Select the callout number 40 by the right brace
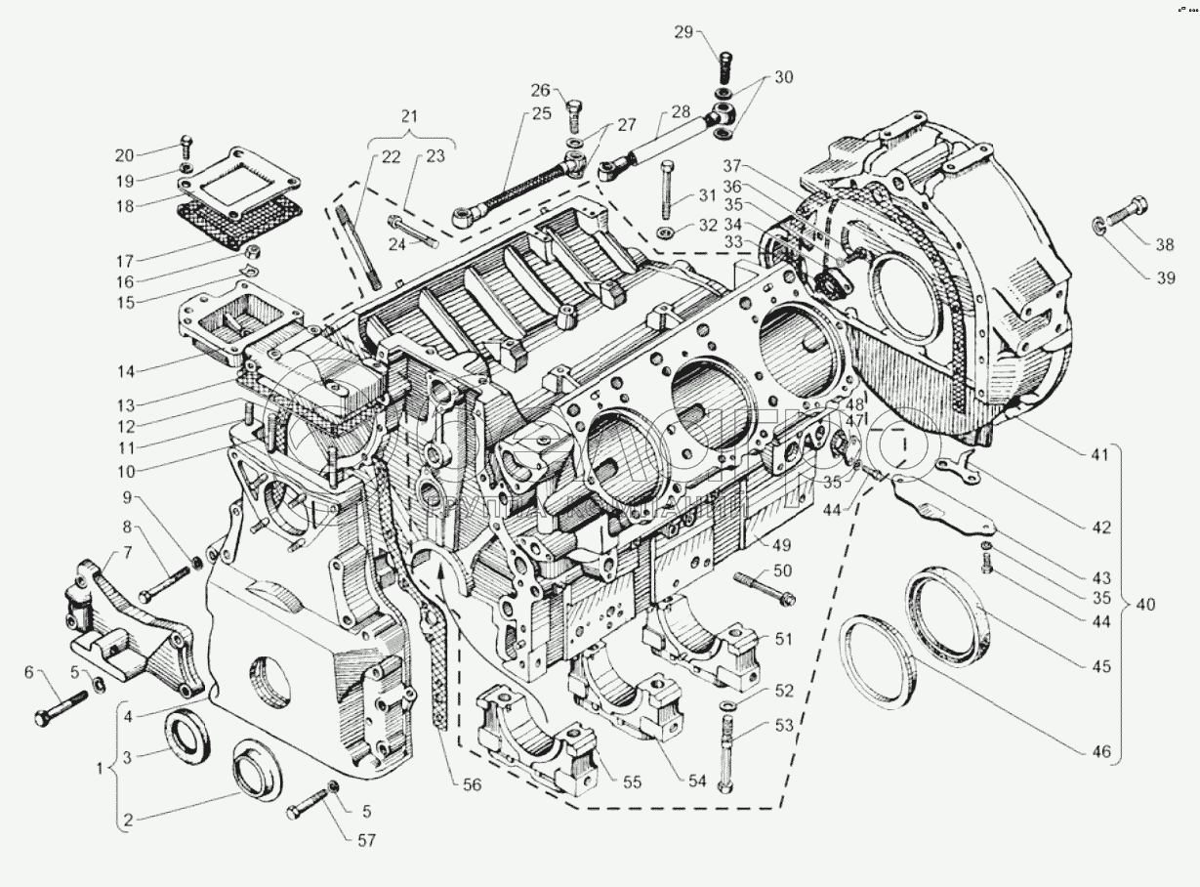pos(1144,605)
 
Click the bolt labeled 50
pos(767,588)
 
